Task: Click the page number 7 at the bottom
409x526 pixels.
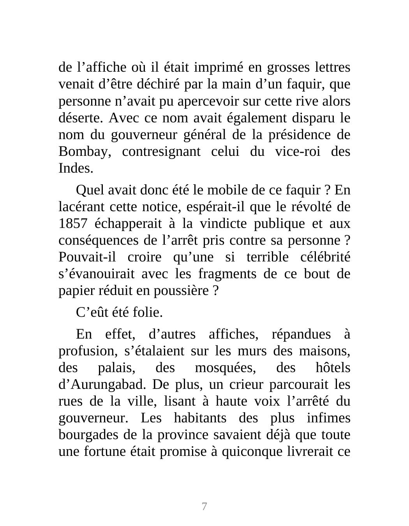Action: point(204,507)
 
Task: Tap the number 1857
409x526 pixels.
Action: point(72,224)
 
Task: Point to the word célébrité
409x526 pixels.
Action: point(326,257)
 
